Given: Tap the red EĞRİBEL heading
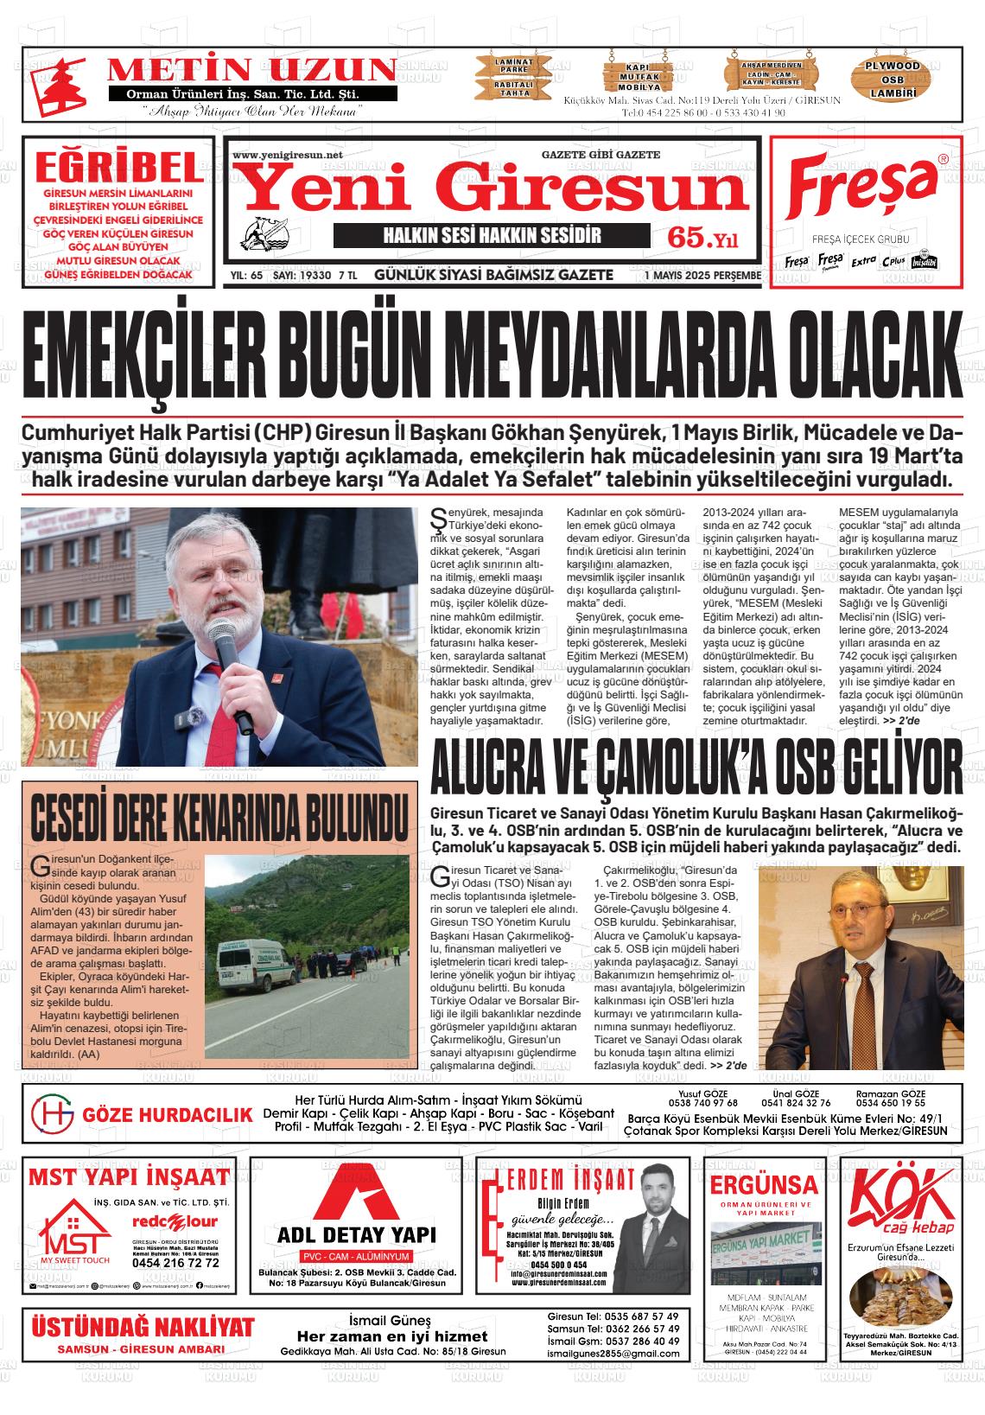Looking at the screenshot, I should point(118,166).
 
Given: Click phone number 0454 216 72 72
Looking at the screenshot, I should point(175,1263).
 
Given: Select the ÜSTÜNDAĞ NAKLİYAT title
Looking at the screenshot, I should point(143,1327).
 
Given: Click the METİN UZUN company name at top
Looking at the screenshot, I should point(251,70).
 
